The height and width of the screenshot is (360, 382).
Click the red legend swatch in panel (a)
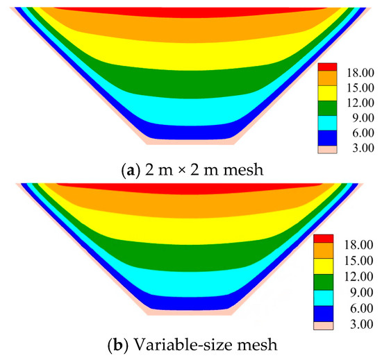[x=327, y=67]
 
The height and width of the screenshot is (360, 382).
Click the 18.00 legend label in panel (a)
[x=360, y=73]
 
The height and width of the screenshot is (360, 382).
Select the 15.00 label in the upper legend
[x=360, y=88]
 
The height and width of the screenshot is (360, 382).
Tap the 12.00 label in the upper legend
[x=360, y=103]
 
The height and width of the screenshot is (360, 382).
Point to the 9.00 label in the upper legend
[x=363, y=118]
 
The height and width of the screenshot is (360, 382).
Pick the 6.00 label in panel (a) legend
[x=363, y=133]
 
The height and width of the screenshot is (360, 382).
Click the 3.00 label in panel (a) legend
[x=363, y=148]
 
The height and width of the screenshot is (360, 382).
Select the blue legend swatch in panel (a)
[x=327, y=138]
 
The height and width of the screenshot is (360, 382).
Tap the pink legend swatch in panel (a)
[x=327, y=150]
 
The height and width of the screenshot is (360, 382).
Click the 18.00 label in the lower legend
[x=358, y=245]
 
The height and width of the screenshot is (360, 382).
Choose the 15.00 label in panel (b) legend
[x=358, y=261]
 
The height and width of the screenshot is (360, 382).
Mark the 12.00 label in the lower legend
[x=358, y=277]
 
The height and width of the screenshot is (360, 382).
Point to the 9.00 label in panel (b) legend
[x=362, y=293]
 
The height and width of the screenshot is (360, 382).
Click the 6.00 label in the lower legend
[x=362, y=309]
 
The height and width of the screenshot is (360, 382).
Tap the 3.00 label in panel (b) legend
[x=362, y=324]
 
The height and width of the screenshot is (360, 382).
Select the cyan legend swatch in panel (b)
[x=323, y=298]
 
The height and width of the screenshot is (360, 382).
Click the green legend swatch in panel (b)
[x=323, y=282]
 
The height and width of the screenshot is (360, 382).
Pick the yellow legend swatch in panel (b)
[x=323, y=266]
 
